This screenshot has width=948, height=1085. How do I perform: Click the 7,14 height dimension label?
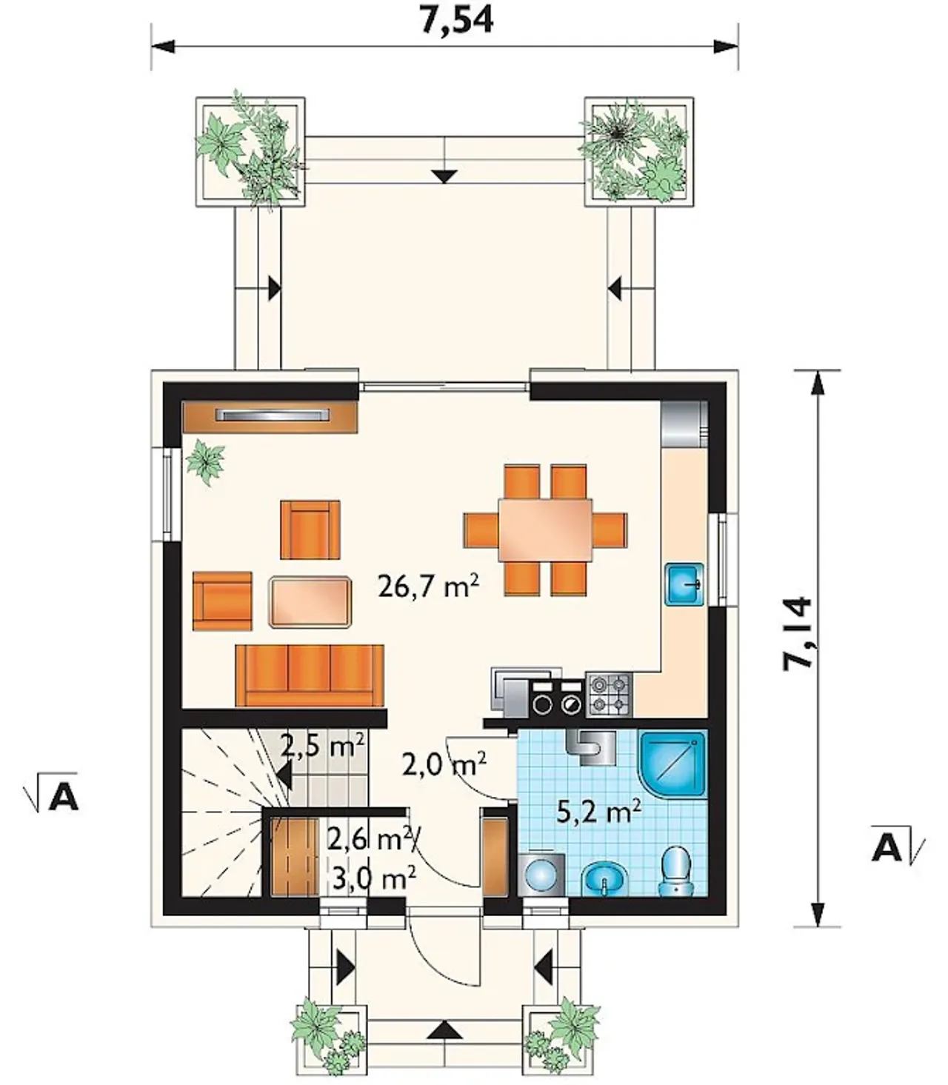[796, 634]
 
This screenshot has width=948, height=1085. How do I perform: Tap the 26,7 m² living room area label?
[428, 587]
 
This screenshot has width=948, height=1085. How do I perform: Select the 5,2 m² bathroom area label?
[599, 812]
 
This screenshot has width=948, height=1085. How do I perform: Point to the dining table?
[545, 530]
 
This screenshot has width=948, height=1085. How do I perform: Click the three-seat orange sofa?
[310, 675]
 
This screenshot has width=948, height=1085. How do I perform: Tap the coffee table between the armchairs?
[310, 602]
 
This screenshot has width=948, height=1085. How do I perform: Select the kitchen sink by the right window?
[684, 584]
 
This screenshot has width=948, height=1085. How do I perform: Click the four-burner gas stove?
[609, 695]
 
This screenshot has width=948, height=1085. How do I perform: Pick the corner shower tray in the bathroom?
[674, 764]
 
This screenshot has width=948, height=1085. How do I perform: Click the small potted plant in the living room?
[204, 462]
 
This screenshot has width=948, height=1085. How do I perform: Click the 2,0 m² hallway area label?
[444, 765]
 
